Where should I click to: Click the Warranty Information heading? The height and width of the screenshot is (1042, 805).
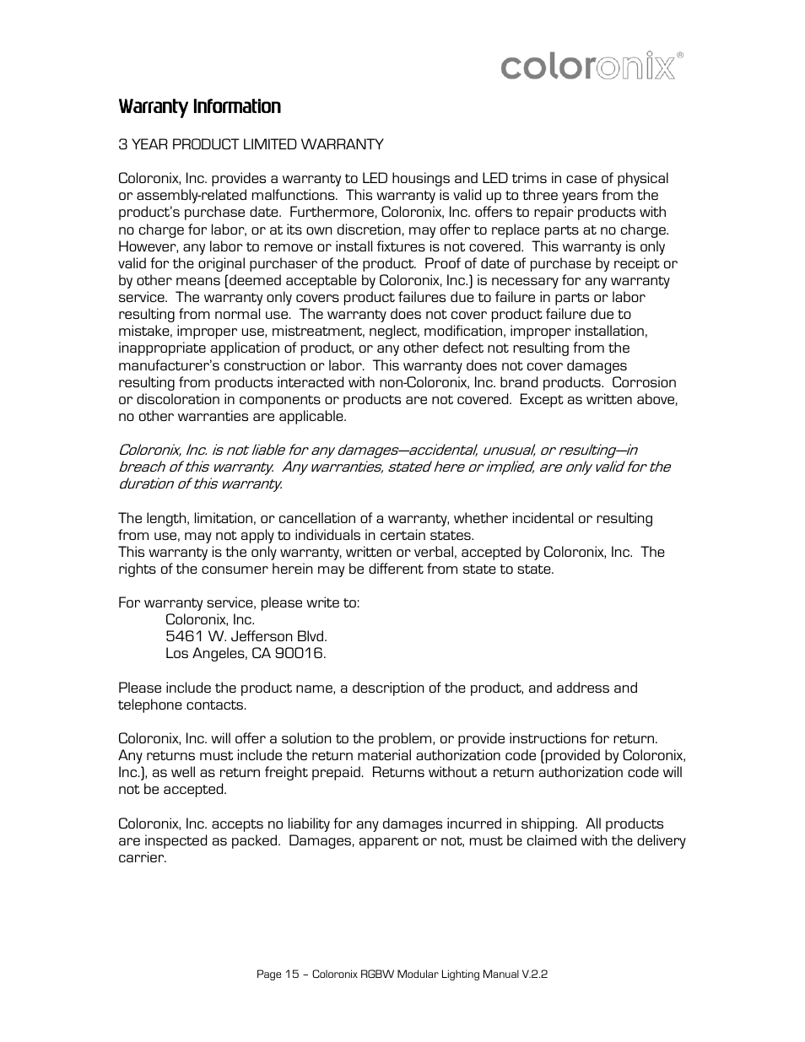pos(199,106)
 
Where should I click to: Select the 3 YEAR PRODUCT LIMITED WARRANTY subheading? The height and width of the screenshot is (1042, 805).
pos(251,144)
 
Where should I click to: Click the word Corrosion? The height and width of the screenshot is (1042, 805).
pos(645,382)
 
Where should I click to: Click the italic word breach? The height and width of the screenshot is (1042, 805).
pos(141,467)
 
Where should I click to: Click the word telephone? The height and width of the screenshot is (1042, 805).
pos(150,705)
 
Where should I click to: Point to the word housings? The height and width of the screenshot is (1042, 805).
pos(420,179)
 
